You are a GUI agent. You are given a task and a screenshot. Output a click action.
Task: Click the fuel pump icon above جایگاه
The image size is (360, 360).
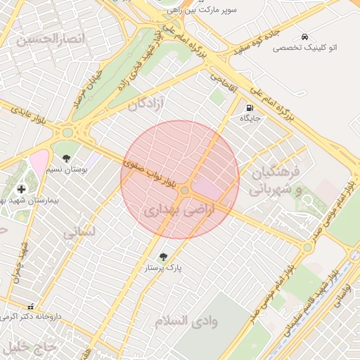pyautogui.click(x=250, y=108)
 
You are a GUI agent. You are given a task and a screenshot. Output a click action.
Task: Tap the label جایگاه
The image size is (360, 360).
pyautogui.click(x=250, y=119)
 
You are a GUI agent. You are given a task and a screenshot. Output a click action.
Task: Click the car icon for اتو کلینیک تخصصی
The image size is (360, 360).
pyautogui.click(x=304, y=36)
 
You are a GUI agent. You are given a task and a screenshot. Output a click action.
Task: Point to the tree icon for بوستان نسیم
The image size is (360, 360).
pyautogui.click(x=67, y=158)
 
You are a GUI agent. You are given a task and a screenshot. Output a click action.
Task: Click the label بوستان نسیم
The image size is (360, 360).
pyautogui.click(x=67, y=169)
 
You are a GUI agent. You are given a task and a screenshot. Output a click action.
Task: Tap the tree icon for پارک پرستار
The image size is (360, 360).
pyautogui.click(x=164, y=257)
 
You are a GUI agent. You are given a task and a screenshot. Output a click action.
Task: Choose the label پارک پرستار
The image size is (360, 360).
pyautogui.click(x=164, y=268)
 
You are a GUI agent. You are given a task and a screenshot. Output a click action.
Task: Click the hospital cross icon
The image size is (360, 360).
pyautogui.click(x=22, y=189)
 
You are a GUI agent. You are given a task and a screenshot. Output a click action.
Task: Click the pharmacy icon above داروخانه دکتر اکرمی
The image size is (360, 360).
pyautogui.click(x=30, y=307)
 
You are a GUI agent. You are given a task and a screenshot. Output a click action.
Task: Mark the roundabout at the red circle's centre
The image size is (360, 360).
pyautogui.click(x=185, y=190)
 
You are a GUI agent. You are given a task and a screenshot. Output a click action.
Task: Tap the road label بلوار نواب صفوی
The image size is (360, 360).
pyautogui.click(x=150, y=171)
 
